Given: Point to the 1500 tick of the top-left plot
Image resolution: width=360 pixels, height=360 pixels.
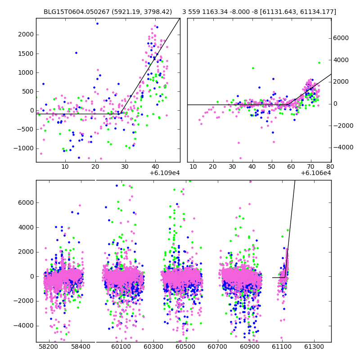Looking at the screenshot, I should pos(26,53).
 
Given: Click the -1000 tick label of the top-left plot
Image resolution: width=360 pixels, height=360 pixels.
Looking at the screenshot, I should pos(24,148).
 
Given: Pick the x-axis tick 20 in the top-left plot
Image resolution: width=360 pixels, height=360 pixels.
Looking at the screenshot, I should pos(95,167).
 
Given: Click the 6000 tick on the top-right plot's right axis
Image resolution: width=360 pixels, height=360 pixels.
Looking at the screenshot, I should pos(341,38).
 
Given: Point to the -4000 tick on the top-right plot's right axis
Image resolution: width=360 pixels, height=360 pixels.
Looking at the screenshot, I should pos(342,147).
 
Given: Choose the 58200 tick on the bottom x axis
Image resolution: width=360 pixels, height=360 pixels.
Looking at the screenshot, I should pos(48,347).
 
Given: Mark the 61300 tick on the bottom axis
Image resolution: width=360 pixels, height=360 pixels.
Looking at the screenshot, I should pos(314,347).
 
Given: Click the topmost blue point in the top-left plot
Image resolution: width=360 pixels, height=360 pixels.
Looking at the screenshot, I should pos(97,23).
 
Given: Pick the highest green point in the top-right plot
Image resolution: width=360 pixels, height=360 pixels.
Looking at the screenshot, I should pos(319,63).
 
